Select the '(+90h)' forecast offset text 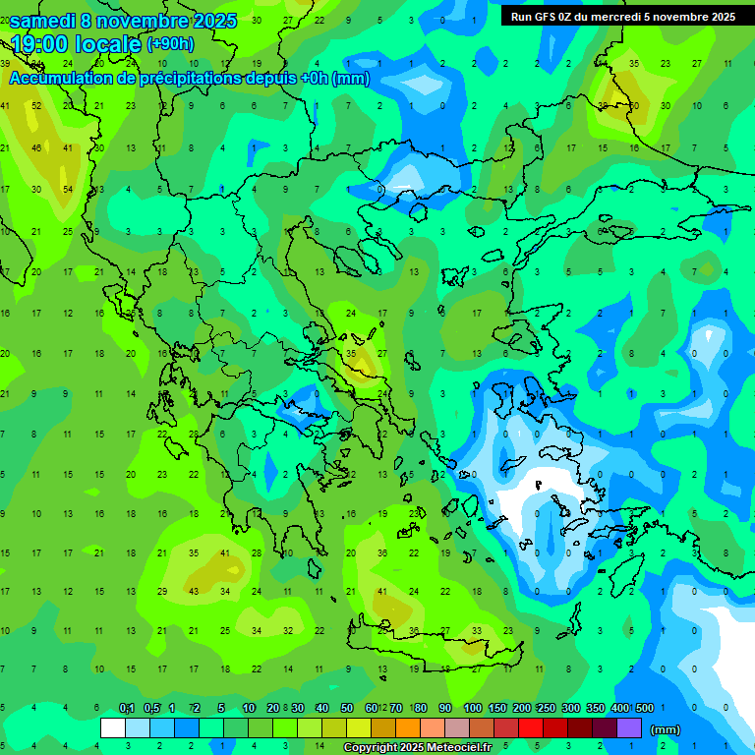coord(170,44)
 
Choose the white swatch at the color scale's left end coord(113,728)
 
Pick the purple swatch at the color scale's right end coord(629,728)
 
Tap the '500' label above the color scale coord(644,708)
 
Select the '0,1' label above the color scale coord(127,708)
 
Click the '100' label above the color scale coord(472,708)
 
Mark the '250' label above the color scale coord(546,708)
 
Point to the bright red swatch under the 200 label coord(531,728)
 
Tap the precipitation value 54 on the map coord(69,190)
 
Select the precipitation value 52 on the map coord(37,105)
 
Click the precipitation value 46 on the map coord(37,147)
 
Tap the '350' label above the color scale coord(595,708)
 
